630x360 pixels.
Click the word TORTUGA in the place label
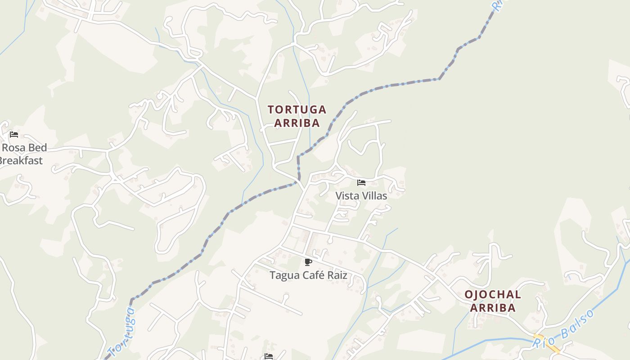297,110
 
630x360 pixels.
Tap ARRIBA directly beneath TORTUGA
297,123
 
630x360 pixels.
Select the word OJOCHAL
493,295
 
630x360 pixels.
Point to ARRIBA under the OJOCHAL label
493,308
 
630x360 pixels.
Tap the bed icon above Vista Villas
361,183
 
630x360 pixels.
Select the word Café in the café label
313,275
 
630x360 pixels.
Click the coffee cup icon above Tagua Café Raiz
308,262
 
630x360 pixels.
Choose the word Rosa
18,148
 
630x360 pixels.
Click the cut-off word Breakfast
21,161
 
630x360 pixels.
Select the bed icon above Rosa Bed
14,135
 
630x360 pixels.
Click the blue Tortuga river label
121,333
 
